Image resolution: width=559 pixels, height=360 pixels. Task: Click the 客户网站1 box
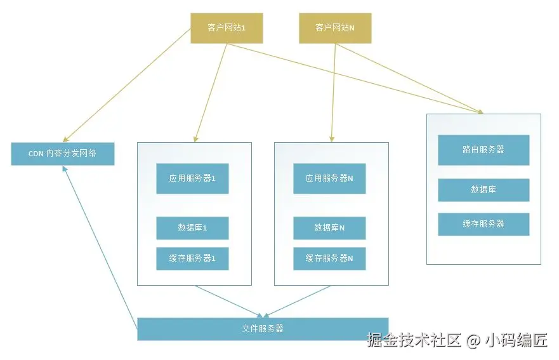tap(227, 28)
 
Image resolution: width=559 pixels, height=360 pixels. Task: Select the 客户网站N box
tap(334, 28)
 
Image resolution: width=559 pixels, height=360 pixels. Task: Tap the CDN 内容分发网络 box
tap(62, 154)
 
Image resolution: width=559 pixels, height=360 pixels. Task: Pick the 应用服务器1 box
tap(192, 178)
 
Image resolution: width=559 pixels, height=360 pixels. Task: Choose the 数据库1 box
tap(192, 228)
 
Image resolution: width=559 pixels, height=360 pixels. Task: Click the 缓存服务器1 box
tap(192, 258)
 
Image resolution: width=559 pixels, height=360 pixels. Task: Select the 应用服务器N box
tap(329, 178)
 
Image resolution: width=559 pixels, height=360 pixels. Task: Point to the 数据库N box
tap(329, 228)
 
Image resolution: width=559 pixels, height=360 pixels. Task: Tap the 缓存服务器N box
tap(329, 258)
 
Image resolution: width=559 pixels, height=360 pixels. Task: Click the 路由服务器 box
tap(483, 150)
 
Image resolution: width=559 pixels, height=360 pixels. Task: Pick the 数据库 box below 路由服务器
tap(483, 190)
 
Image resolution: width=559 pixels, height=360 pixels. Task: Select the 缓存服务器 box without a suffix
tap(483, 224)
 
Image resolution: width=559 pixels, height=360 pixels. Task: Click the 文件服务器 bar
tap(263, 329)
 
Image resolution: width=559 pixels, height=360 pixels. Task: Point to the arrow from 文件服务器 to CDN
tap(102, 248)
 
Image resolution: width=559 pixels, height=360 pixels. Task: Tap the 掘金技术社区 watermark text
tap(413, 340)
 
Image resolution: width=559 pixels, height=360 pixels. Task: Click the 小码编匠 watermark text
tap(516, 340)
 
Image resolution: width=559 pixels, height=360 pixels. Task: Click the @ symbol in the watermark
tap(473, 341)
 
